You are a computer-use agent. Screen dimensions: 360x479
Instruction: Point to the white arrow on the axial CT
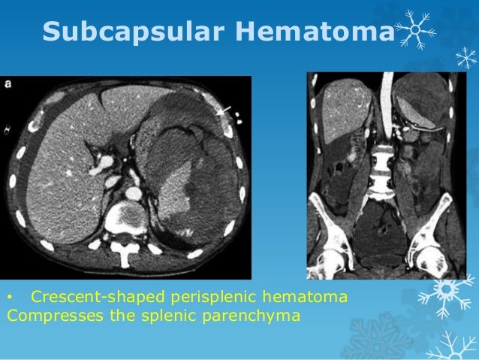223,110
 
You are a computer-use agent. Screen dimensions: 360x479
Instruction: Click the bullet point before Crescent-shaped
10,298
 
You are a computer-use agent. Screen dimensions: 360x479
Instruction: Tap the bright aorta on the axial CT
134,193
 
